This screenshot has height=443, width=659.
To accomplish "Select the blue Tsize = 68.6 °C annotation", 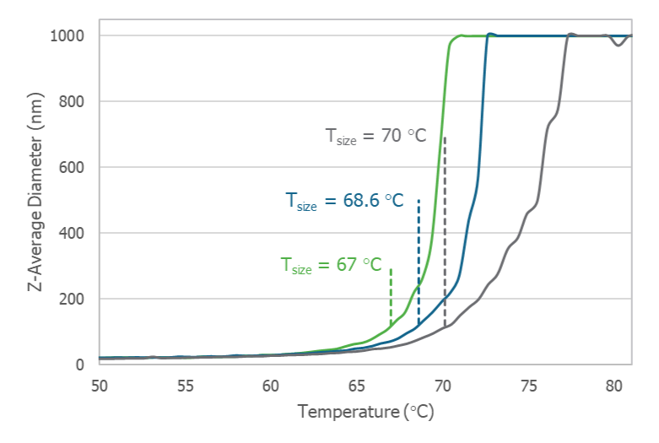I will (343, 201).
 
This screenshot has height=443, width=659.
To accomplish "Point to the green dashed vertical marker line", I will (391, 295).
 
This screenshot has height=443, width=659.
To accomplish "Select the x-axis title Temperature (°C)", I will (365, 412).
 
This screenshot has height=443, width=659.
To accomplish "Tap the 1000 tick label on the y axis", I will (67, 35).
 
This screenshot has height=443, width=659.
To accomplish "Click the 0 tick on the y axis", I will (80, 365).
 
